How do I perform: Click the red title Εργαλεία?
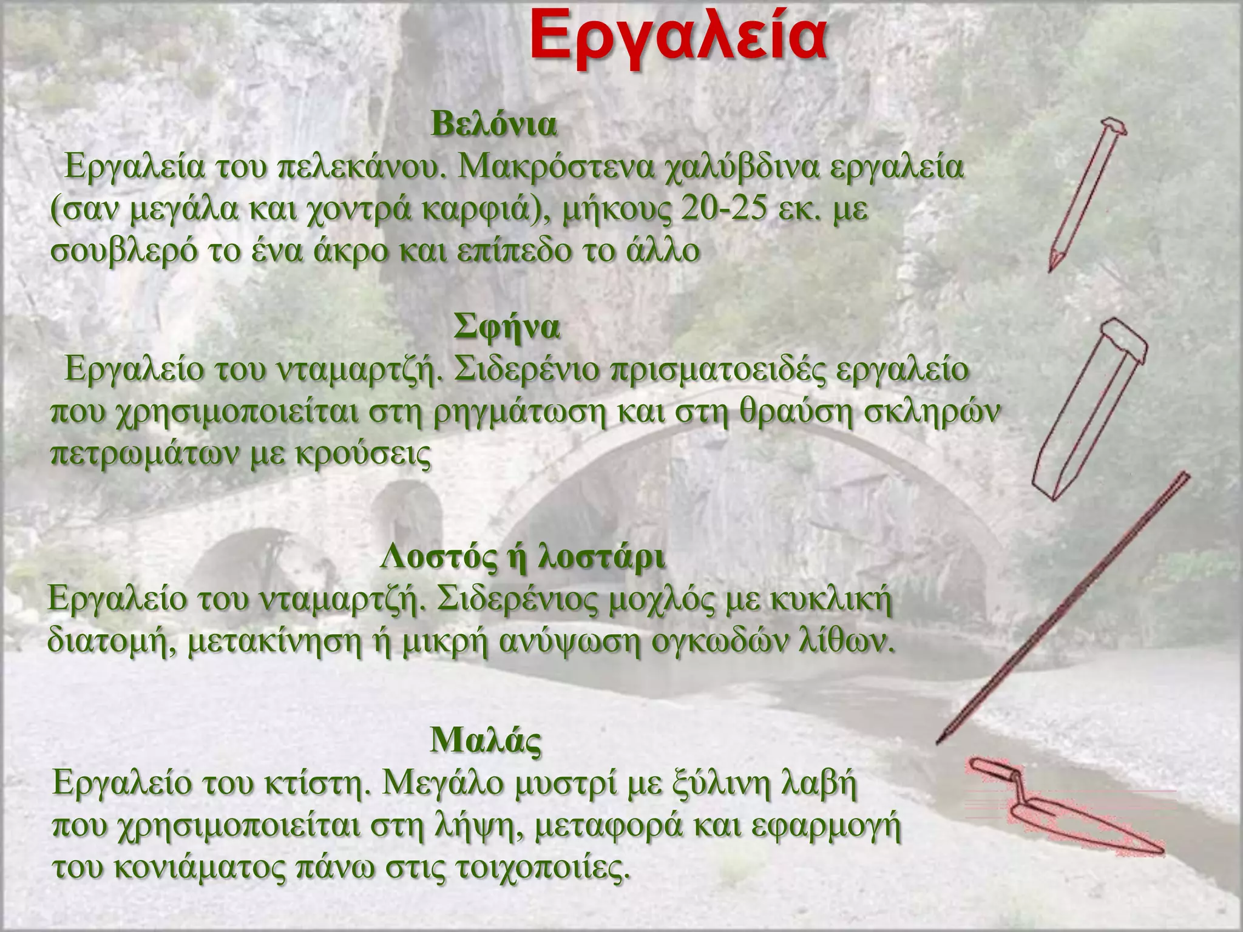point(677,38)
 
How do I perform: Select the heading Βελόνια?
point(493,125)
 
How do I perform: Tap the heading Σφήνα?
point(507,328)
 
